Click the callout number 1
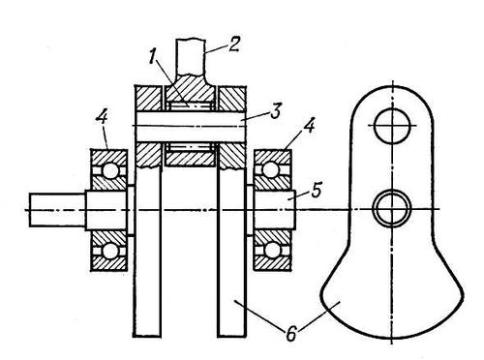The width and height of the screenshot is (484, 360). click(x=153, y=58)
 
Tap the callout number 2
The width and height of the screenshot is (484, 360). click(x=234, y=45)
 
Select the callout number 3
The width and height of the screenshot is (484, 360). click(x=276, y=111)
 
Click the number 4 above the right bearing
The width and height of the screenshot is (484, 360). click(x=308, y=126)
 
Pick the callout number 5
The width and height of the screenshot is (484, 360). click(x=317, y=191)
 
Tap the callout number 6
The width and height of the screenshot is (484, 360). click(x=291, y=334)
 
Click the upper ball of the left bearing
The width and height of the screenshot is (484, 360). click(x=110, y=170)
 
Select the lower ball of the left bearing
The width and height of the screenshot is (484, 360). click(x=110, y=251)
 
